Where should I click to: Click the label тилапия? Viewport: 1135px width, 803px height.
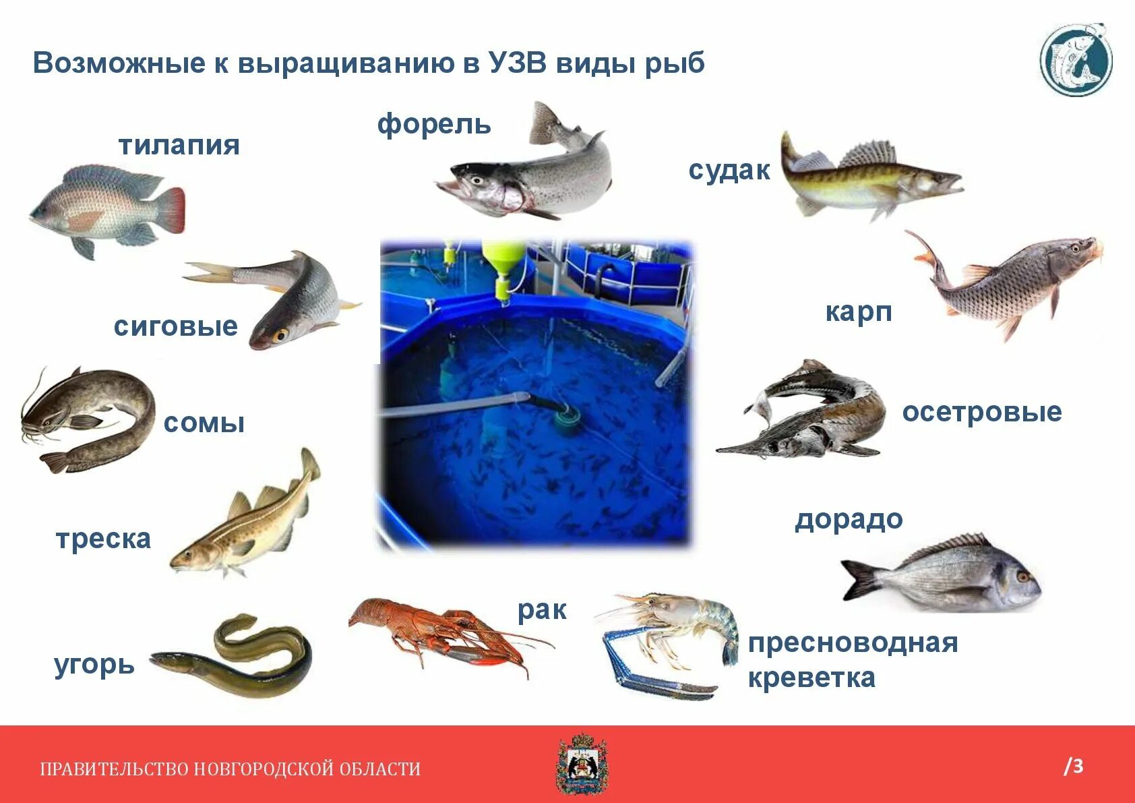click(x=179, y=146)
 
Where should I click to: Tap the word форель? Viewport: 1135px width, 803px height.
click(x=434, y=125)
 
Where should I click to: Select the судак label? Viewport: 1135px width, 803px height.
click(x=729, y=171)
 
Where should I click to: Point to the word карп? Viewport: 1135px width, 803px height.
click(x=859, y=312)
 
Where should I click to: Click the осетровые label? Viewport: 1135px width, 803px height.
click(x=981, y=412)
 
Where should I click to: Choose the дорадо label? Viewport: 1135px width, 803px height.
click(x=849, y=520)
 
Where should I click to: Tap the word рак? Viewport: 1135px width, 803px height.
click(x=542, y=610)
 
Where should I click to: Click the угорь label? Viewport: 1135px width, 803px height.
click(x=94, y=665)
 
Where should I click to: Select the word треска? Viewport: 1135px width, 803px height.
click(x=104, y=539)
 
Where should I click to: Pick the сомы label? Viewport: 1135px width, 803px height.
click(x=204, y=423)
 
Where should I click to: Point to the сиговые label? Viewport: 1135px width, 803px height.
click(x=176, y=326)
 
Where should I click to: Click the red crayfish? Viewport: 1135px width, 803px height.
click(x=438, y=630)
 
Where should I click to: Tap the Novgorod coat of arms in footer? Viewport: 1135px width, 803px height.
click(x=582, y=765)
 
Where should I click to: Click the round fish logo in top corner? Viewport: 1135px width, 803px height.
click(x=1076, y=59)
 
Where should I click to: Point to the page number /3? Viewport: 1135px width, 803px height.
click(x=1073, y=767)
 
